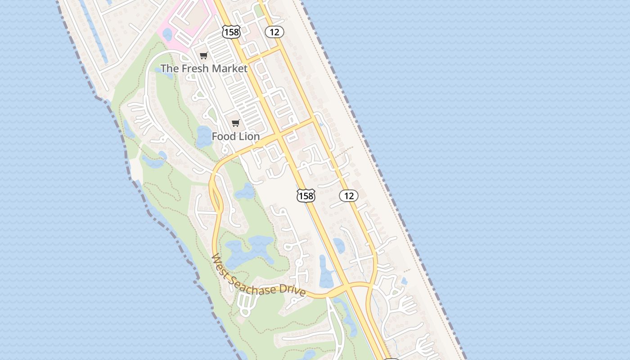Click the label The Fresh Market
click(x=204, y=68)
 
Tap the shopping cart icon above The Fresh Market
click(x=204, y=56)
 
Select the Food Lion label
click(x=236, y=136)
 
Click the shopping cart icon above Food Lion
click(x=235, y=123)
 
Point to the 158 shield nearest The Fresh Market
click(x=231, y=31)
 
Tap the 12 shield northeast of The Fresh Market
click(x=274, y=31)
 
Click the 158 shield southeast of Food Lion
click(x=306, y=196)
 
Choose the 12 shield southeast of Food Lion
click(x=349, y=196)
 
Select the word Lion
click(x=249, y=136)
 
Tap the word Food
click(x=224, y=136)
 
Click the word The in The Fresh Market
click(x=169, y=68)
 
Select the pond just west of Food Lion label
click(x=203, y=137)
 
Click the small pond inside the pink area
click(x=167, y=34)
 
